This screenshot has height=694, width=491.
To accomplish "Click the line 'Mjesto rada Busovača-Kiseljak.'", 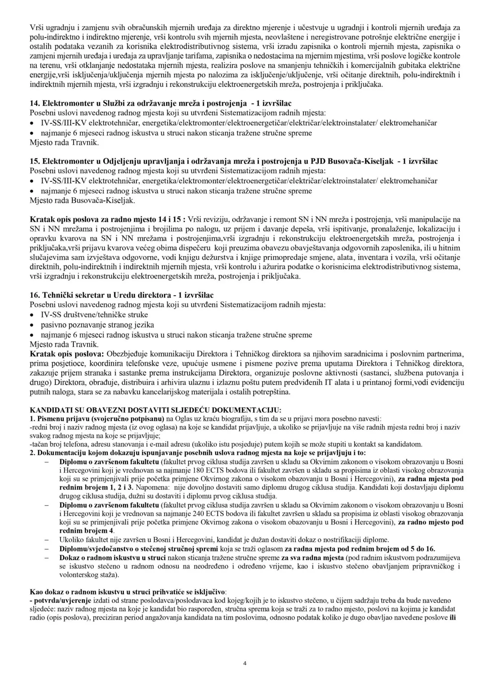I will pos(82,200).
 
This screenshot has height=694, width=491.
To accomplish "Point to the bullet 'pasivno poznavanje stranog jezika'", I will pos(97,325).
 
